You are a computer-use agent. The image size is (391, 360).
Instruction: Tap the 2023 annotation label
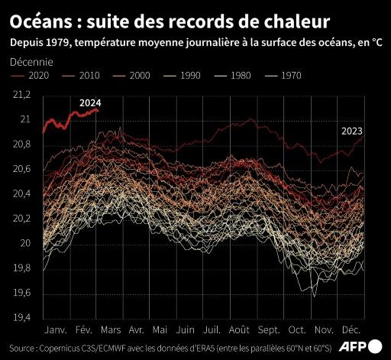point(351,131)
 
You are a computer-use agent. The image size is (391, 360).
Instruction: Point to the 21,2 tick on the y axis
point(24,95)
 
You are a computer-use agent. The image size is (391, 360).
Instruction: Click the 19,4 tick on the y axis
point(24,318)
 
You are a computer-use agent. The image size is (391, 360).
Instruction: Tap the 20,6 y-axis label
point(24,169)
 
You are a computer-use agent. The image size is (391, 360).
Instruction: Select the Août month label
point(239,331)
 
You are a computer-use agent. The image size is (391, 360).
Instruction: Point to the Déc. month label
point(351,331)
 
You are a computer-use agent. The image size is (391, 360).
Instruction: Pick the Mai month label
point(160,331)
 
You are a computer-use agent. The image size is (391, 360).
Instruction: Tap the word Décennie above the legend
point(32,60)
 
